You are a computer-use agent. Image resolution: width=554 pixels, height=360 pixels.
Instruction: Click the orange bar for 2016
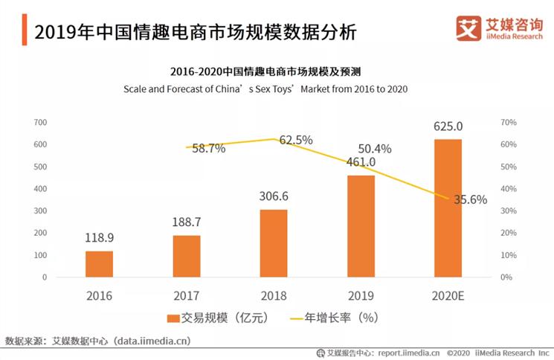[x=99, y=263]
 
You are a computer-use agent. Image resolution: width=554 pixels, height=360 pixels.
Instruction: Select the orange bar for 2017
[x=187, y=256]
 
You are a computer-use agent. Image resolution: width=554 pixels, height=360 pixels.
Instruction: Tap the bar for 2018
[x=274, y=243]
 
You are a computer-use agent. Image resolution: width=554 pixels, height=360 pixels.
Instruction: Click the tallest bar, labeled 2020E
[x=448, y=208]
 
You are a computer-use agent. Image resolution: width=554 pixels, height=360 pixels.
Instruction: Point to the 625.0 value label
[x=448, y=126]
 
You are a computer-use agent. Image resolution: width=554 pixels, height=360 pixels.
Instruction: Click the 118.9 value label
[x=99, y=239]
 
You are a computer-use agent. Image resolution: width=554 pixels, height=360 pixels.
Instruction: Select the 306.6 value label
[x=274, y=197]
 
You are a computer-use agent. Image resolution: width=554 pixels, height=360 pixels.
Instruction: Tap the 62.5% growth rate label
[x=296, y=140]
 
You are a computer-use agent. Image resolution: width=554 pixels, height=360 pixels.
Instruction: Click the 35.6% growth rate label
[x=470, y=199]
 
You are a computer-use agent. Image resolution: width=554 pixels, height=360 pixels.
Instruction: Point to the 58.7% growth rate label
[x=208, y=149]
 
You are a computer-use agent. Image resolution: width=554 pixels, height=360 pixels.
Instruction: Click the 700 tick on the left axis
[x=40, y=122]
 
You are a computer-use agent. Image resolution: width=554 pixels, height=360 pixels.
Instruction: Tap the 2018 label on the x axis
[x=274, y=295]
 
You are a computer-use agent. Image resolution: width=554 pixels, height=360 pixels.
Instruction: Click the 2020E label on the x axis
[x=448, y=295]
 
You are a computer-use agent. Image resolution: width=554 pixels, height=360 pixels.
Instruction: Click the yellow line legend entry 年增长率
[x=338, y=318]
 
